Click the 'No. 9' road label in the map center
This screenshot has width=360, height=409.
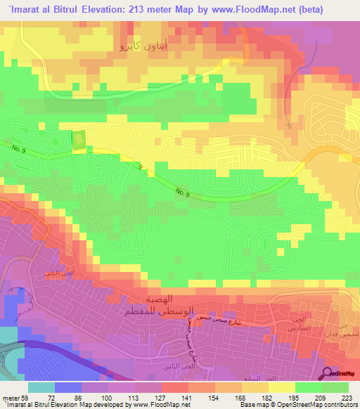pos(182,191)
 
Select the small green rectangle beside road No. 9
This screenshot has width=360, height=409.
pos(79,140)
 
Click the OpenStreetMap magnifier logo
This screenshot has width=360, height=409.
pos(328,373)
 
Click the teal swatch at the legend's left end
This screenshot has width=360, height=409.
pos(41,387)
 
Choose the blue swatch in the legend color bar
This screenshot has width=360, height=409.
pos(68,387)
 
